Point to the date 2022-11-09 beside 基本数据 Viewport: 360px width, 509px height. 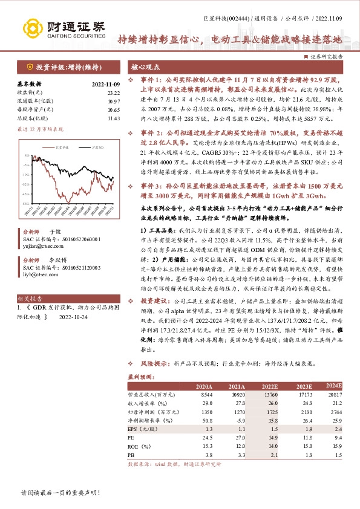tap(106, 84)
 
